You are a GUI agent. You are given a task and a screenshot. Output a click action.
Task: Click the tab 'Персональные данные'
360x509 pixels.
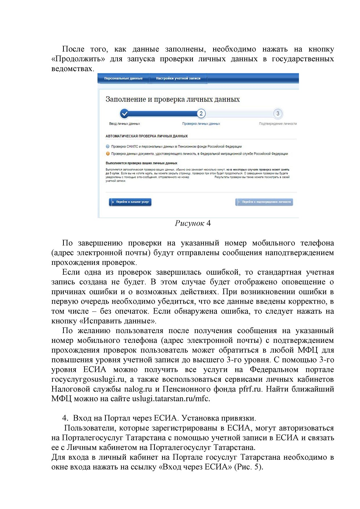click(123, 78)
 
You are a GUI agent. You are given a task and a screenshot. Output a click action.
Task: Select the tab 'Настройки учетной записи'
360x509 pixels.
click(178, 78)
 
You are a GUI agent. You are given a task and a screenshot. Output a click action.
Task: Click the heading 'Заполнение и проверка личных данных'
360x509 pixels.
click(173, 99)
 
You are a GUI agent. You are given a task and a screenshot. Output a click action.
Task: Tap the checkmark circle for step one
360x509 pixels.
click(124, 114)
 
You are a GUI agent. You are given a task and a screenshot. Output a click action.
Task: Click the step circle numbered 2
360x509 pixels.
click(201, 114)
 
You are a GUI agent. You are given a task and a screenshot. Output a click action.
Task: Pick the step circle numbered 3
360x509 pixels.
click(278, 114)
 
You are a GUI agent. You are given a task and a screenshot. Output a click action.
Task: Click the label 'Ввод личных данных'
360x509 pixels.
click(124, 124)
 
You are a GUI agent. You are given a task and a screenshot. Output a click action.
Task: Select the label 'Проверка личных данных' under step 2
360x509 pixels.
click(201, 124)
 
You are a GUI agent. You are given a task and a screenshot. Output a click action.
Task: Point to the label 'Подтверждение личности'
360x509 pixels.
click(278, 124)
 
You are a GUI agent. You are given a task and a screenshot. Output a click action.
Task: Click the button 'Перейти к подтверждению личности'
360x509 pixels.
click(264, 202)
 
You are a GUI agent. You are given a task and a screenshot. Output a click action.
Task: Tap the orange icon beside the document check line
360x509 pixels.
click(108, 154)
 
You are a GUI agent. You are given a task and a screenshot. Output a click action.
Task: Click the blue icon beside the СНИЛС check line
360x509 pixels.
click(108, 147)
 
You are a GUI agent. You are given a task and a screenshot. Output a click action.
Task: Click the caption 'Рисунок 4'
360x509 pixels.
click(193, 223)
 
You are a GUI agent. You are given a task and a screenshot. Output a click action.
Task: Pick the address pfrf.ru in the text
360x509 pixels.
click(250, 389)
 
